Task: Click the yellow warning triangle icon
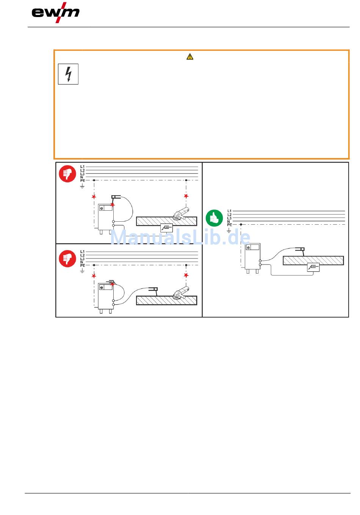point(190,57)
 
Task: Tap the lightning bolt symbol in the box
point(68,74)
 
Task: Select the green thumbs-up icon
point(214,218)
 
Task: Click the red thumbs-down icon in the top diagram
point(67,174)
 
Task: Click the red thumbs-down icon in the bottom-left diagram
point(67,259)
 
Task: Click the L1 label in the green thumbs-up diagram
point(229,211)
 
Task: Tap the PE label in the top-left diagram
point(83,181)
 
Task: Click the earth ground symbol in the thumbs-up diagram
point(229,230)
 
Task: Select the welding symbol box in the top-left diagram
point(166,228)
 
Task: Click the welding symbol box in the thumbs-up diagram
point(313,268)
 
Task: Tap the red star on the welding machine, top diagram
point(113,205)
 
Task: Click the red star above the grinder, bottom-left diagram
point(186,275)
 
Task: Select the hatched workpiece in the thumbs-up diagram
point(313,261)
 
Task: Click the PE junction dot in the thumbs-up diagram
point(241,225)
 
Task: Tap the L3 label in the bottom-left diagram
point(83,259)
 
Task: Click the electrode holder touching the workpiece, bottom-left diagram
point(153,290)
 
